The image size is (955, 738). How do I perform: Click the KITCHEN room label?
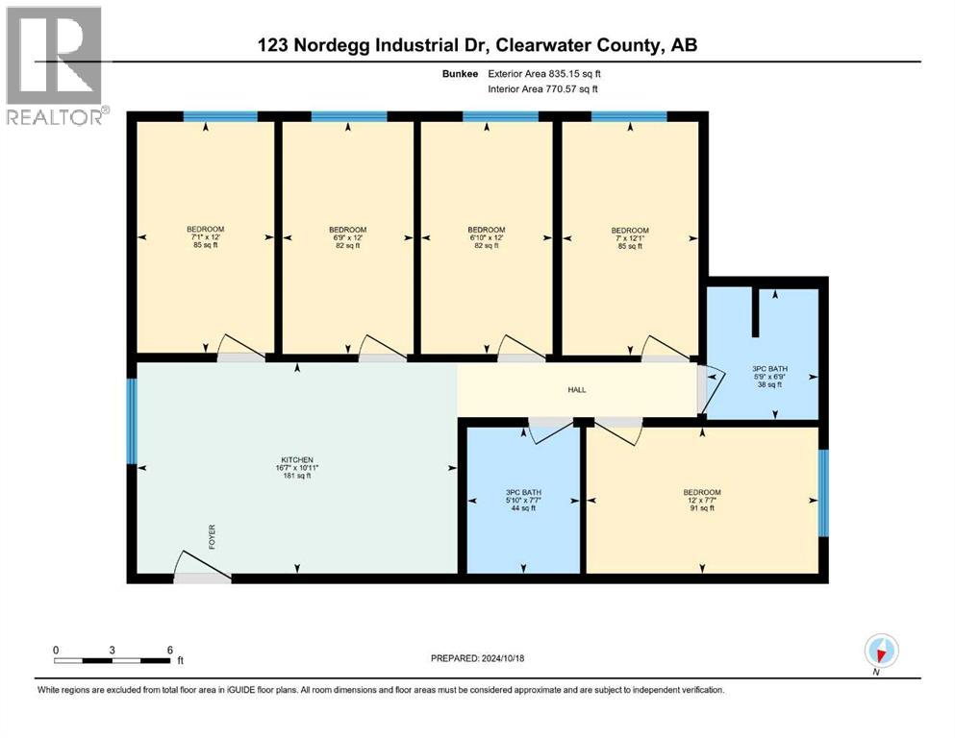(x=297, y=468)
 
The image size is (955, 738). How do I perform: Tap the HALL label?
(x=577, y=389)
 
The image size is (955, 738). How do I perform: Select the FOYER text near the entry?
(x=212, y=537)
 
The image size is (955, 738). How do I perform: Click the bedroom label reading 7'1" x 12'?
(x=205, y=237)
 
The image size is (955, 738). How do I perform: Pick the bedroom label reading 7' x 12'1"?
(x=630, y=238)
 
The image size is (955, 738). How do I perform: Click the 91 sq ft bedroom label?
(x=702, y=500)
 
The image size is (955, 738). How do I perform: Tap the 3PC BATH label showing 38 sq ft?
(x=769, y=377)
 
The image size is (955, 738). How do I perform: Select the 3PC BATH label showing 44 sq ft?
(x=523, y=500)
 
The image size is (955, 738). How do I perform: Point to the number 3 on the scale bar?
(x=113, y=650)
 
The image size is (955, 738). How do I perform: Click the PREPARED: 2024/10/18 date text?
(x=477, y=658)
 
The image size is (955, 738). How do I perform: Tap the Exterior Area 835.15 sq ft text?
(x=544, y=74)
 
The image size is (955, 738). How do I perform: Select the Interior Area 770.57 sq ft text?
(x=542, y=88)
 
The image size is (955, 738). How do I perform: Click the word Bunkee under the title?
(x=461, y=74)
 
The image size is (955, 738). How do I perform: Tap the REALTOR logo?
(x=56, y=65)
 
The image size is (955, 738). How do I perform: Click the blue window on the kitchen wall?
(x=132, y=421)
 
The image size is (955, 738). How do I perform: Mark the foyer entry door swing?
(x=202, y=566)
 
